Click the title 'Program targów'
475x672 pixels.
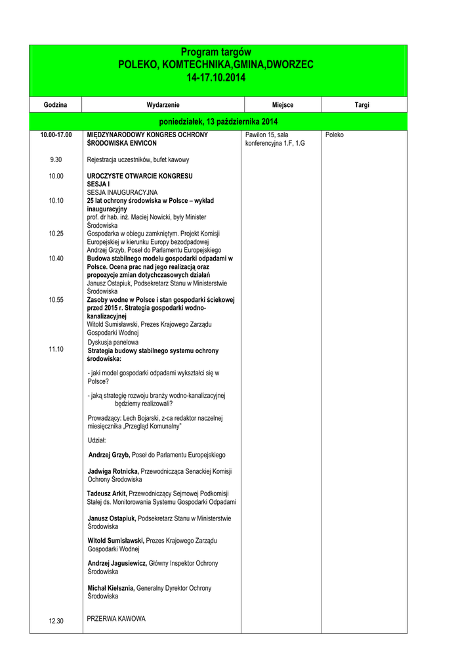tap(216, 52)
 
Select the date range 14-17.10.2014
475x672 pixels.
tap(216, 77)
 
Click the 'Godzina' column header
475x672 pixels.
tap(56, 105)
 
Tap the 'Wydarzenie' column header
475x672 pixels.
tap(163, 105)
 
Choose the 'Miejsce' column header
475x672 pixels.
tap(282, 105)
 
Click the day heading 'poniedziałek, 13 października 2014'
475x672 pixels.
tap(218, 122)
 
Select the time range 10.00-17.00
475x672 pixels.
tap(56, 135)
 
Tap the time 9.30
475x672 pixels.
tap(56, 159)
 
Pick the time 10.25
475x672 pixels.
tap(56, 234)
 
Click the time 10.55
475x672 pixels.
tap(56, 300)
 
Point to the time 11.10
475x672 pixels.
tap(56, 349)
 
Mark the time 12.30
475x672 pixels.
tap(56, 621)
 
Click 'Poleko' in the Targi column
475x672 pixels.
tap(335, 135)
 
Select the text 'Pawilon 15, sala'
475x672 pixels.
tap(267, 135)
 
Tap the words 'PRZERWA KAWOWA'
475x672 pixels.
tap(116, 619)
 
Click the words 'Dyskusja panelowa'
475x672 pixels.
tap(113, 342)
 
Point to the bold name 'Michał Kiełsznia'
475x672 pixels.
tap(111, 588)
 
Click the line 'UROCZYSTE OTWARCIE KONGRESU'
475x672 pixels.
tap(140, 176)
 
